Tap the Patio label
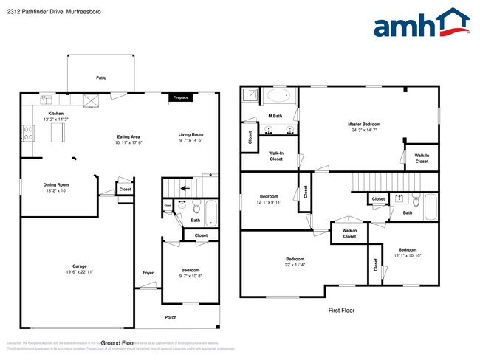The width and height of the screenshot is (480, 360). click(x=100, y=77)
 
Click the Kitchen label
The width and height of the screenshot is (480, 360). click(x=55, y=113)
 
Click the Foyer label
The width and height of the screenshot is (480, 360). click(x=148, y=273)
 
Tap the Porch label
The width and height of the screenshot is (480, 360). click(x=171, y=317)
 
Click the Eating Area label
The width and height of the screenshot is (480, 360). click(x=129, y=136)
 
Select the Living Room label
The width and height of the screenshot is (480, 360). click(x=191, y=134)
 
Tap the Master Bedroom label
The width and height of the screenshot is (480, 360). click(x=364, y=123)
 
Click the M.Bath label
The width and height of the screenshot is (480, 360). click(x=275, y=116)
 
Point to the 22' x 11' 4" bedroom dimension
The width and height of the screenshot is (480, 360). click(x=295, y=265)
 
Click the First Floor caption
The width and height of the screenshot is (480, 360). click(x=341, y=311)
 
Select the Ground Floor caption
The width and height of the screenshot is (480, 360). click(x=118, y=343)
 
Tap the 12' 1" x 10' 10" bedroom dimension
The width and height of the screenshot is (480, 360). click(x=407, y=256)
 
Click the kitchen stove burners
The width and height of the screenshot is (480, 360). click(x=30, y=133)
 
